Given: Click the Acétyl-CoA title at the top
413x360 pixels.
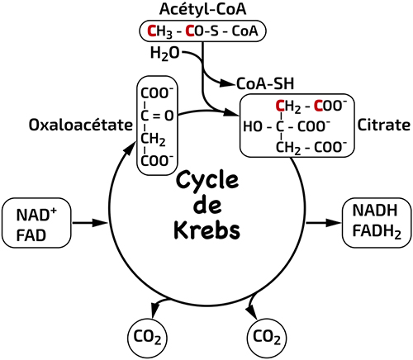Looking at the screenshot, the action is tap(202, 9).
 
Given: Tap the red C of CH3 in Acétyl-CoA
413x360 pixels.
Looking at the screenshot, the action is tap(152, 31).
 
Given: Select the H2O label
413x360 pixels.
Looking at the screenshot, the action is tap(164, 53).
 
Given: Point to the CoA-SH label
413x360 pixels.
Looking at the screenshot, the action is tap(265, 83).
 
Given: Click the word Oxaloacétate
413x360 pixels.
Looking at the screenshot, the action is tap(81, 125).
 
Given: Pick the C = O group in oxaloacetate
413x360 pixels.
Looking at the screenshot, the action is tap(157, 116).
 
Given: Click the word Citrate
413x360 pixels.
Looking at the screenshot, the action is tap(383, 125).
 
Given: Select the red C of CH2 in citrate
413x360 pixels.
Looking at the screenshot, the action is tap(280, 106).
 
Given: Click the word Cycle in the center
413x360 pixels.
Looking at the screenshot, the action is tap(207, 181).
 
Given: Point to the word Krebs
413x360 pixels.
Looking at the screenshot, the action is tap(207, 230).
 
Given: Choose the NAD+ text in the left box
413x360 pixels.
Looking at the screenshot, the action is tap(36, 215).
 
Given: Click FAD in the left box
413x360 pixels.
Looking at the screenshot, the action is tap(31, 235).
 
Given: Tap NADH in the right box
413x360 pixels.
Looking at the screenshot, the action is tap(375, 211).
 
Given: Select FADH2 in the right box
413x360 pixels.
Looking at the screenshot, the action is tap(377, 232).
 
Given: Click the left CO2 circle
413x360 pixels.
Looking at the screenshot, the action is tap(148, 338).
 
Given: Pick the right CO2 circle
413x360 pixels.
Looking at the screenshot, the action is tap(267, 338).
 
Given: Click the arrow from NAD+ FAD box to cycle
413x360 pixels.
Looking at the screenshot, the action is tap(89, 223).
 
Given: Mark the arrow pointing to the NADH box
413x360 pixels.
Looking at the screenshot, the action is tap(324, 223).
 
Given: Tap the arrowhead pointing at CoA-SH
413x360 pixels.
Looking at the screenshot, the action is tap(228, 83).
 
